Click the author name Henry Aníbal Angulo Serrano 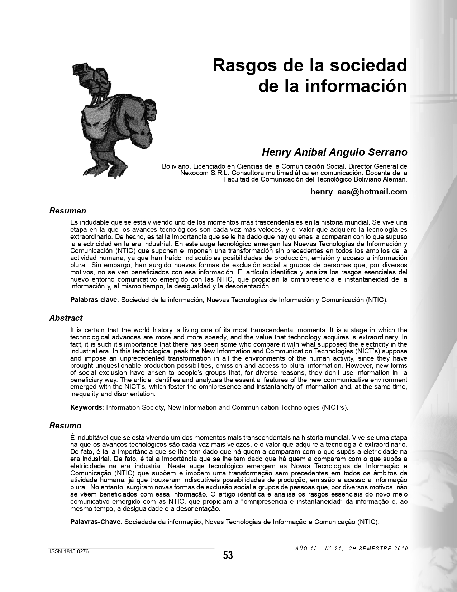[334, 152]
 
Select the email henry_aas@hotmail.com [358, 192]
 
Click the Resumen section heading [68, 211]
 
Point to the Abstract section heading [66, 318]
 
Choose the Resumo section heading [66, 426]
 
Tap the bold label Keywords [86, 407]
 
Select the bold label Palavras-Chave [95, 522]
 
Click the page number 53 [228, 555]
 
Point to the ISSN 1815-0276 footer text [69, 552]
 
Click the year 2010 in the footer [401, 549]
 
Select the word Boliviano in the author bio [176, 166]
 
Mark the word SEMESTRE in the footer [375, 549]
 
